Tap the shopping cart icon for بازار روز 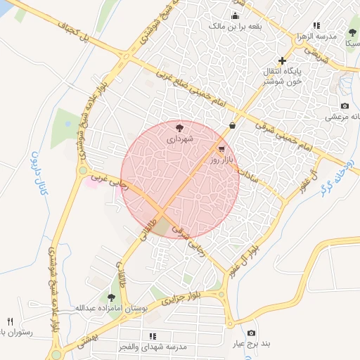coord(222,149)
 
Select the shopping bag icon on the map coord(232,126)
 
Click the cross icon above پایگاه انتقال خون coord(283,60)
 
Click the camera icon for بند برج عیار coord(252,333)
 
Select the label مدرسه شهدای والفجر coord(153,347)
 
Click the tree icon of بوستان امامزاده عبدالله coord(112,297)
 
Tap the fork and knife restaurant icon coord(10,321)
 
